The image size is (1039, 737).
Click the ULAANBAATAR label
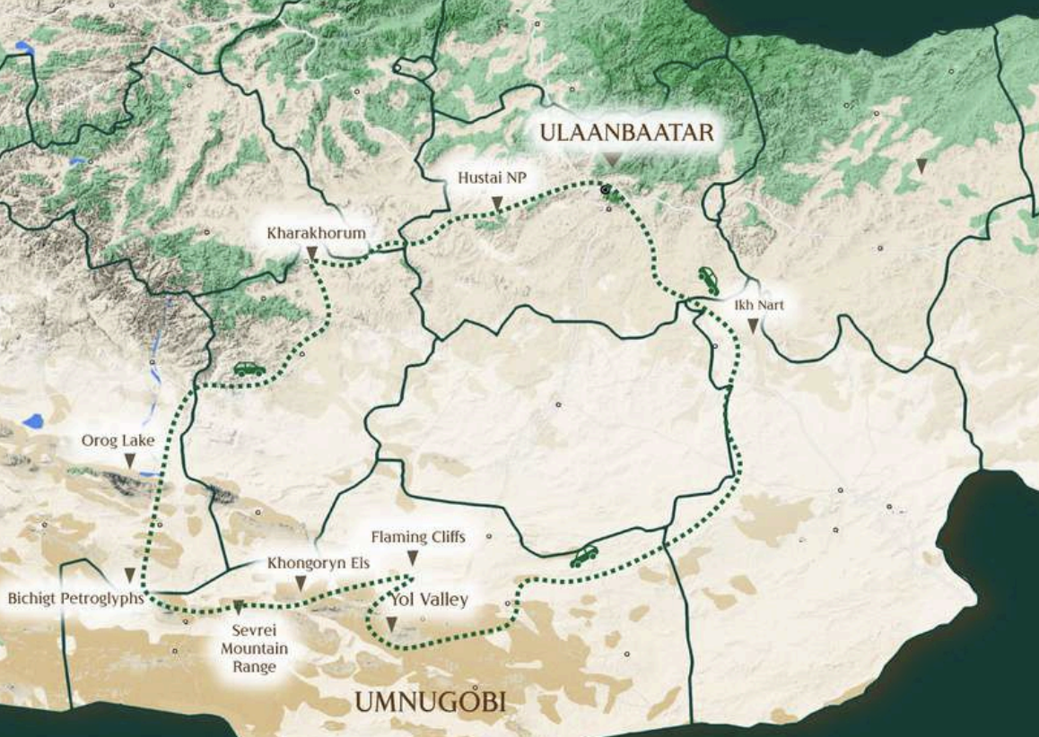pyautogui.click(x=626, y=133)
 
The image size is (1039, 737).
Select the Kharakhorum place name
pyautogui.click(x=316, y=233)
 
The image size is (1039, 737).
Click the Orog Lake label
pyautogui.click(x=118, y=440)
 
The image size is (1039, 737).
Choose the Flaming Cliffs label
pyautogui.click(x=418, y=537)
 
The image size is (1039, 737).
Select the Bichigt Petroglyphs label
pyautogui.click(x=76, y=597)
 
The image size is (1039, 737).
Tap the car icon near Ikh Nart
pyautogui.click(x=708, y=281)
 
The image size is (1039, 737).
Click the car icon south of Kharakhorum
pyautogui.click(x=249, y=368)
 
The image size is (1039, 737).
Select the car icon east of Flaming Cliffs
pyautogui.click(x=584, y=557)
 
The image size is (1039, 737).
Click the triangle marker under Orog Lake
pyautogui.click(x=129, y=461)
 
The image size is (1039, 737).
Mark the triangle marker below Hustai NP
pyautogui.click(x=496, y=204)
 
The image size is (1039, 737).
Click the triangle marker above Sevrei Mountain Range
pyautogui.click(x=239, y=607)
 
